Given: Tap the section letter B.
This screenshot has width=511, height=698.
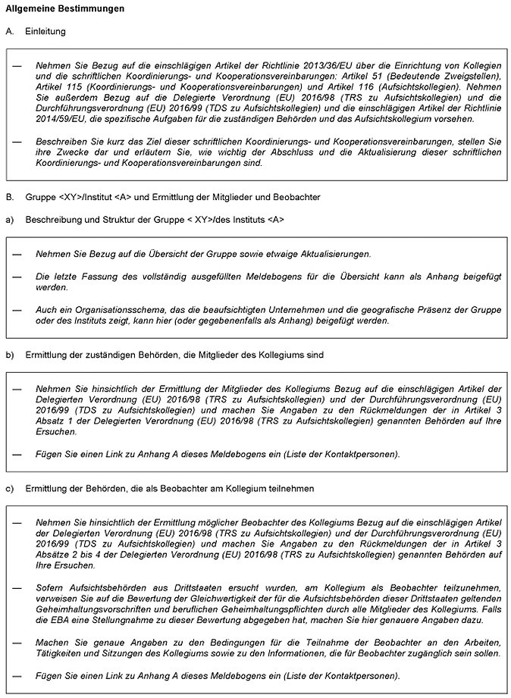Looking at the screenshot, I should tap(9, 197).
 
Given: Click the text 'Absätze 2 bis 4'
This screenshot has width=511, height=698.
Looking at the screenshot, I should tap(67, 555).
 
